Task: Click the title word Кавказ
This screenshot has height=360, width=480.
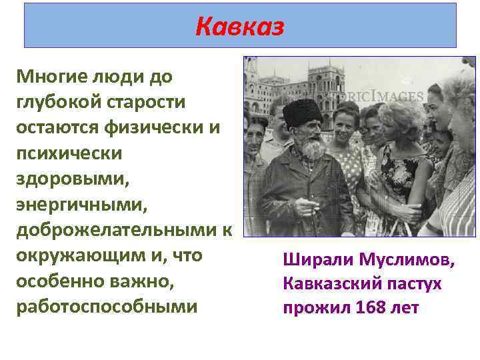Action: click(240, 27)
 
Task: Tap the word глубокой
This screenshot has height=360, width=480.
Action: click(57, 101)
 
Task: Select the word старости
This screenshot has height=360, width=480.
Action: click(148, 101)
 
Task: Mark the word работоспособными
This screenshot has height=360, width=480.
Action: click(107, 307)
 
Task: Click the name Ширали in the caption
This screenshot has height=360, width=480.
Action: click(317, 259)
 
